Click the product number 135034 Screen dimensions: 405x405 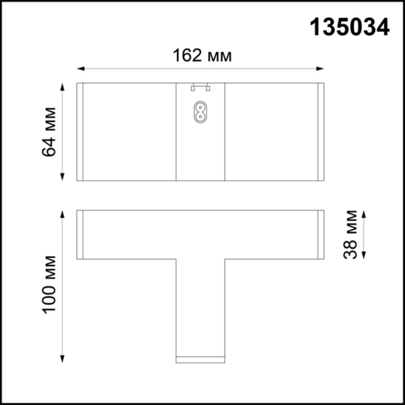pyautogui.click(x=349, y=27)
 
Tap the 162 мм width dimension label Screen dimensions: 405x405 pyautogui.click(x=203, y=56)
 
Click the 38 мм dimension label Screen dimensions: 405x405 pyautogui.click(x=350, y=234)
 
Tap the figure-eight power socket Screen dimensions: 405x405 pyautogui.click(x=200, y=112)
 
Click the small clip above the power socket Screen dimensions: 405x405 pyautogui.click(x=200, y=88)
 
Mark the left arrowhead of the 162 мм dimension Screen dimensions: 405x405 pyautogui.click(x=80, y=69)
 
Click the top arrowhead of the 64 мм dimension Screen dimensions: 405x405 pyautogui.click(x=62, y=86)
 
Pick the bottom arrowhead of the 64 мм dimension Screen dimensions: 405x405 pyautogui.click(x=62, y=177)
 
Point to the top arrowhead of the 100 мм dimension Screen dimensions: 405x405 pyautogui.click(x=62, y=213)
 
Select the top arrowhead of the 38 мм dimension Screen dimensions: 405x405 pyautogui.click(x=364, y=213)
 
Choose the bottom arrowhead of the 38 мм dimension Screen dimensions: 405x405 pyautogui.click(x=364, y=255)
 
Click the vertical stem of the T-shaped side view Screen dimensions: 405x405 pyautogui.click(x=200, y=307)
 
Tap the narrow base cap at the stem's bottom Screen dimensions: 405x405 pyautogui.click(x=200, y=359)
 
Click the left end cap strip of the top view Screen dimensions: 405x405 pyautogui.click(x=80, y=132)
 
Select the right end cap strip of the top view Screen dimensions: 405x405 pyautogui.click(x=321, y=132)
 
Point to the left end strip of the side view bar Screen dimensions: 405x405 pyautogui.click(x=80, y=234)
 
